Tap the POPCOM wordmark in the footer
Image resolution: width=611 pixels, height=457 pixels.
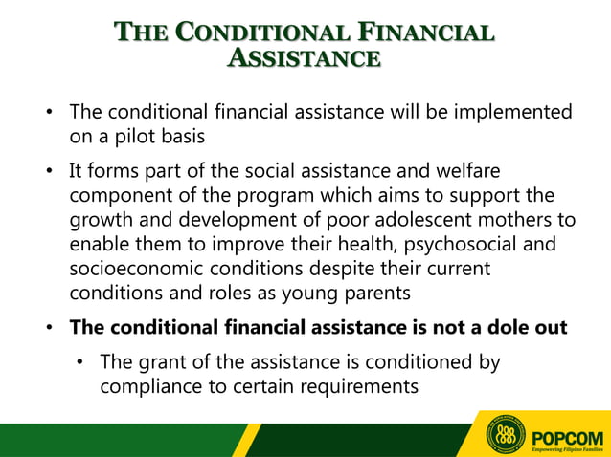(567, 431)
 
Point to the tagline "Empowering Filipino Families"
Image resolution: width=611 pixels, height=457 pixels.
(567, 447)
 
